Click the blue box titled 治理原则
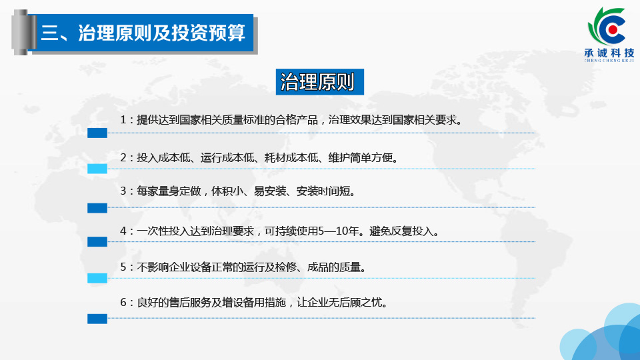point(319,82)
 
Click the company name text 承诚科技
point(609,53)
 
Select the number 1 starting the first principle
point(123,120)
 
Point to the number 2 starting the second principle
point(123,157)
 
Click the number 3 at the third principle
point(123,191)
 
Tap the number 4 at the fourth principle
point(123,231)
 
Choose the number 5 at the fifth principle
point(123,267)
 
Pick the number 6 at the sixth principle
point(123,303)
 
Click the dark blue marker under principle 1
point(97,133)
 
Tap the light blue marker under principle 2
point(97,169)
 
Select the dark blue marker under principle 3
point(97,208)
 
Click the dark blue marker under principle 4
point(97,241)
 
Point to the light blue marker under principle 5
point(97,279)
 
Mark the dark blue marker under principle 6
point(97,319)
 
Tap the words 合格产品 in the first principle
point(297,120)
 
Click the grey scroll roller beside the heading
point(21,32)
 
